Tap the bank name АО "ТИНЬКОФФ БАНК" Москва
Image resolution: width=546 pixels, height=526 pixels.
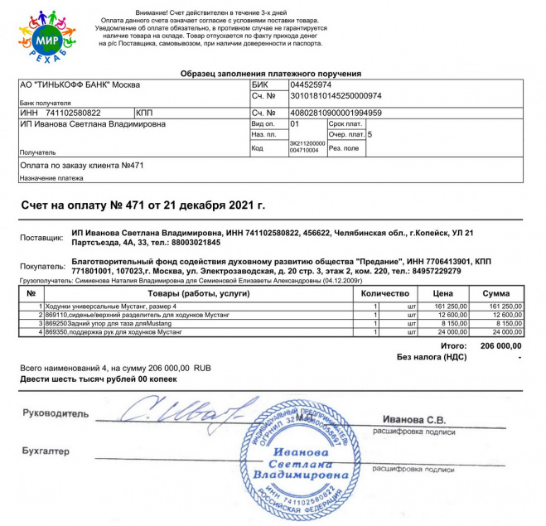click(x=80, y=84)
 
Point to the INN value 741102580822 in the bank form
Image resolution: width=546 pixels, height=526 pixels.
click(x=73, y=112)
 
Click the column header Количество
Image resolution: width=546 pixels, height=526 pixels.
click(x=385, y=294)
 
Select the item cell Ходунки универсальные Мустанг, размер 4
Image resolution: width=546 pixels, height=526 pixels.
click(x=117, y=306)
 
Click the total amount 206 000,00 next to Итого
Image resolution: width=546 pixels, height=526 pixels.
click(x=500, y=345)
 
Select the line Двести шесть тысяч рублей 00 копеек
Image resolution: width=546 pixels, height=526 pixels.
click(x=98, y=379)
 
